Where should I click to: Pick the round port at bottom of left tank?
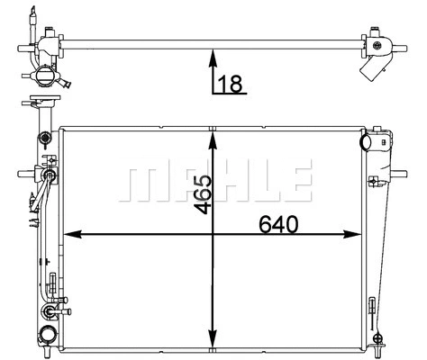tap(46, 314)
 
